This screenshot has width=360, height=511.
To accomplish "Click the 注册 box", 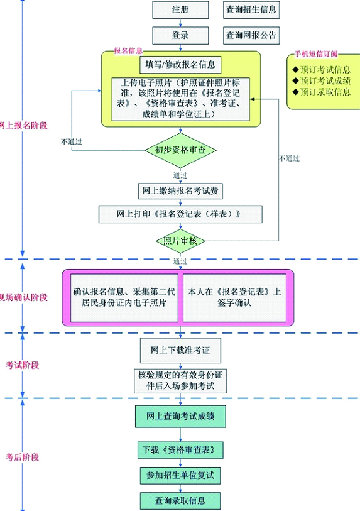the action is [x=180, y=9].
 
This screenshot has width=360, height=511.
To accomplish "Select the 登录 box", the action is [x=180, y=35].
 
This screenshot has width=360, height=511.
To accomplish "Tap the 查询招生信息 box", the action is [x=251, y=9].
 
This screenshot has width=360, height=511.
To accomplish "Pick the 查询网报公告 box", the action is [x=251, y=35].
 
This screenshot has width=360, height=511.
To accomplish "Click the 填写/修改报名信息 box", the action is [x=180, y=65].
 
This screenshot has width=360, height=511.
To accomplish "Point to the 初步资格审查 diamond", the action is [x=180, y=150].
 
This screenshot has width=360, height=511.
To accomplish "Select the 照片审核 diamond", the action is [x=180, y=241].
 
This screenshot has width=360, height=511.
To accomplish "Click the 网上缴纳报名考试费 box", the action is [x=180, y=191].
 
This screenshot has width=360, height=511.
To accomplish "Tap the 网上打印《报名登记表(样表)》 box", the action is [x=180, y=214].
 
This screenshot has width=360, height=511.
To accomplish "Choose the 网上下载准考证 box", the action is [x=180, y=350].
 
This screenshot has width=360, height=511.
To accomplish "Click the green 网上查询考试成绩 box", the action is [x=180, y=416].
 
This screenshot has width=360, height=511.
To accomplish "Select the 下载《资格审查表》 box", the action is [x=180, y=450].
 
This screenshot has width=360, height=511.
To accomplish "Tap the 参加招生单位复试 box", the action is [x=180, y=475].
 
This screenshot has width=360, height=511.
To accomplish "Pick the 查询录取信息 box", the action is [x=180, y=501].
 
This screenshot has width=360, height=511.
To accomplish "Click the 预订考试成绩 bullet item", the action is [x=322, y=81].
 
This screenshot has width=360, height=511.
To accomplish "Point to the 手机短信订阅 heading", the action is [x=316, y=54].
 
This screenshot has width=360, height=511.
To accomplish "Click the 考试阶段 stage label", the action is [x=22, y=365].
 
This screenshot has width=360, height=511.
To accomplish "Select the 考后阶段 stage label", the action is [x=22, y=457].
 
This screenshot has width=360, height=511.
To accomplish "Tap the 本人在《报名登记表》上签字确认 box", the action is [x=234, y=298].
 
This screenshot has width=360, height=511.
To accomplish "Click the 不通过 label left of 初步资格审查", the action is [x=72, y=142].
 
